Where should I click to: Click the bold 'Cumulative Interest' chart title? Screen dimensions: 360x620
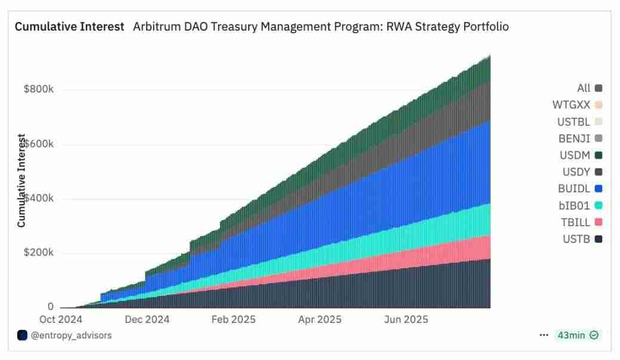pos(69,27)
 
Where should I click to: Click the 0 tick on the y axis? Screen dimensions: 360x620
pos(51,307)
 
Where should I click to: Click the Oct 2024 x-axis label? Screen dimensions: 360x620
pos(61,319)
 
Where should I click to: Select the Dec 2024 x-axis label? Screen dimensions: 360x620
pos(147,319)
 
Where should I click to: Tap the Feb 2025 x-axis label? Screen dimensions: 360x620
pos(233,319)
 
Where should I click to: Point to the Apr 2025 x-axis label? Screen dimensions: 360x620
pos(320,319)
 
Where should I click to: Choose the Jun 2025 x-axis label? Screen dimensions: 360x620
pos(406,319)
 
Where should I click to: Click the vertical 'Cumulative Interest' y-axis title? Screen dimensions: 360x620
pos(21,181)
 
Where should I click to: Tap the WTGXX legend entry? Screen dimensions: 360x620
pos(577,105)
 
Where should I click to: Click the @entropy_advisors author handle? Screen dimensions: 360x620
pos(70,335)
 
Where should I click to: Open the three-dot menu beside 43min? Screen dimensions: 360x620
pos(544,335)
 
